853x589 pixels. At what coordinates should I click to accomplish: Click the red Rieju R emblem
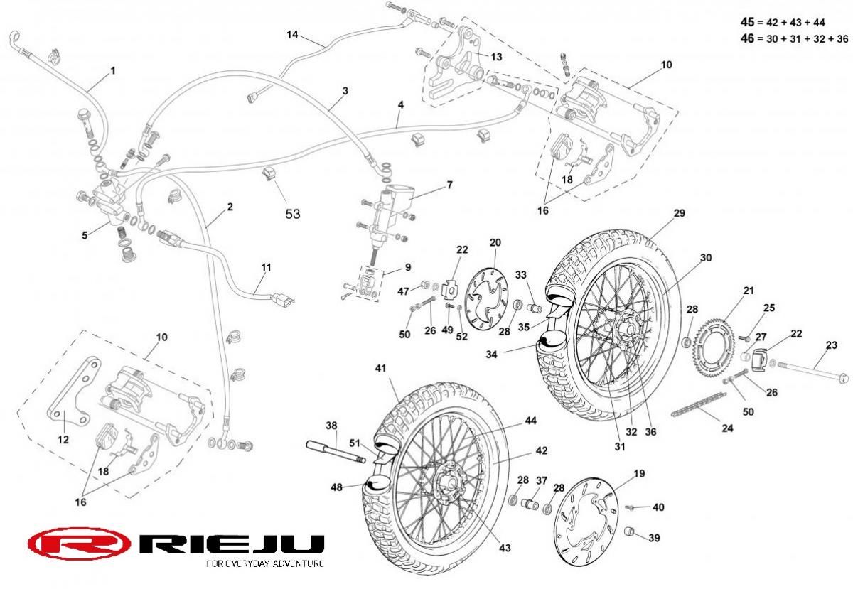[x=79, y=544]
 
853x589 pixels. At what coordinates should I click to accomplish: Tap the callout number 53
[x=293, y=213]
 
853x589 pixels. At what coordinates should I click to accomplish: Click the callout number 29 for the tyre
[x=679, y=213]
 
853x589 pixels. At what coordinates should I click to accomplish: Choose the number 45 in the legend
[x=747, y=23]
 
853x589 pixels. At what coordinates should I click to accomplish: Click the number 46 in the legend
[x=747, y=38]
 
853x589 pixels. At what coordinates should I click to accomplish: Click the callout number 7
[x=449, y=185]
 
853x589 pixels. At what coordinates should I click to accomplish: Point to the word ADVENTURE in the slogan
[x=292, y=563]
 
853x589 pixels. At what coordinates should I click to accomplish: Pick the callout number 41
[x=380, y=368]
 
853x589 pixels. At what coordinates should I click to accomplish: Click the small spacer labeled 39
[x=629, y=531]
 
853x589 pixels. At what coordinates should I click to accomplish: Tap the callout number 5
[x=85, y=234]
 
